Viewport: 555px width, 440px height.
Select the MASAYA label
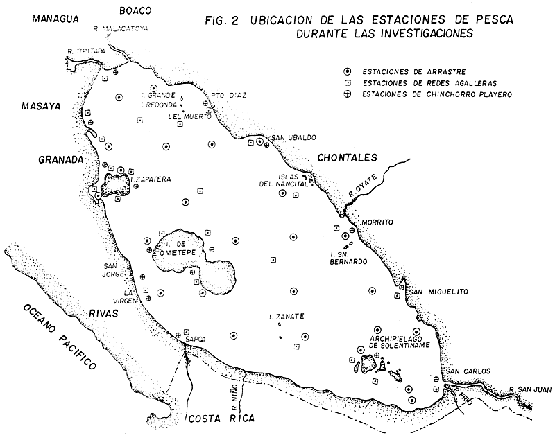tap(40, 107)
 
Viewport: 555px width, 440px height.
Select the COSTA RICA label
tap(221, 419)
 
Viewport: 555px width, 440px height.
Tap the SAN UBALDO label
tap(291, 137)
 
